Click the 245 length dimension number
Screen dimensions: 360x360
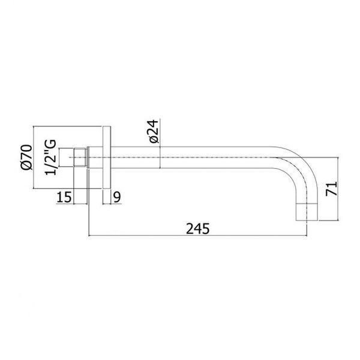[197, 229]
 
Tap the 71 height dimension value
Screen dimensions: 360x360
[332, 189]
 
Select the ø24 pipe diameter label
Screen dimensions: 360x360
[154, 131]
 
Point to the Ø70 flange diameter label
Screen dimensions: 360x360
[26, 157]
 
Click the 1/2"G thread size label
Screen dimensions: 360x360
[50, 157]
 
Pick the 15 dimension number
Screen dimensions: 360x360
[64, 197]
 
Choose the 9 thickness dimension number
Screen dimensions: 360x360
[117, 197]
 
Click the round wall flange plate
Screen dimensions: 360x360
[107, 157]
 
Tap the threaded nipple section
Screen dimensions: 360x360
[80, 157]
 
